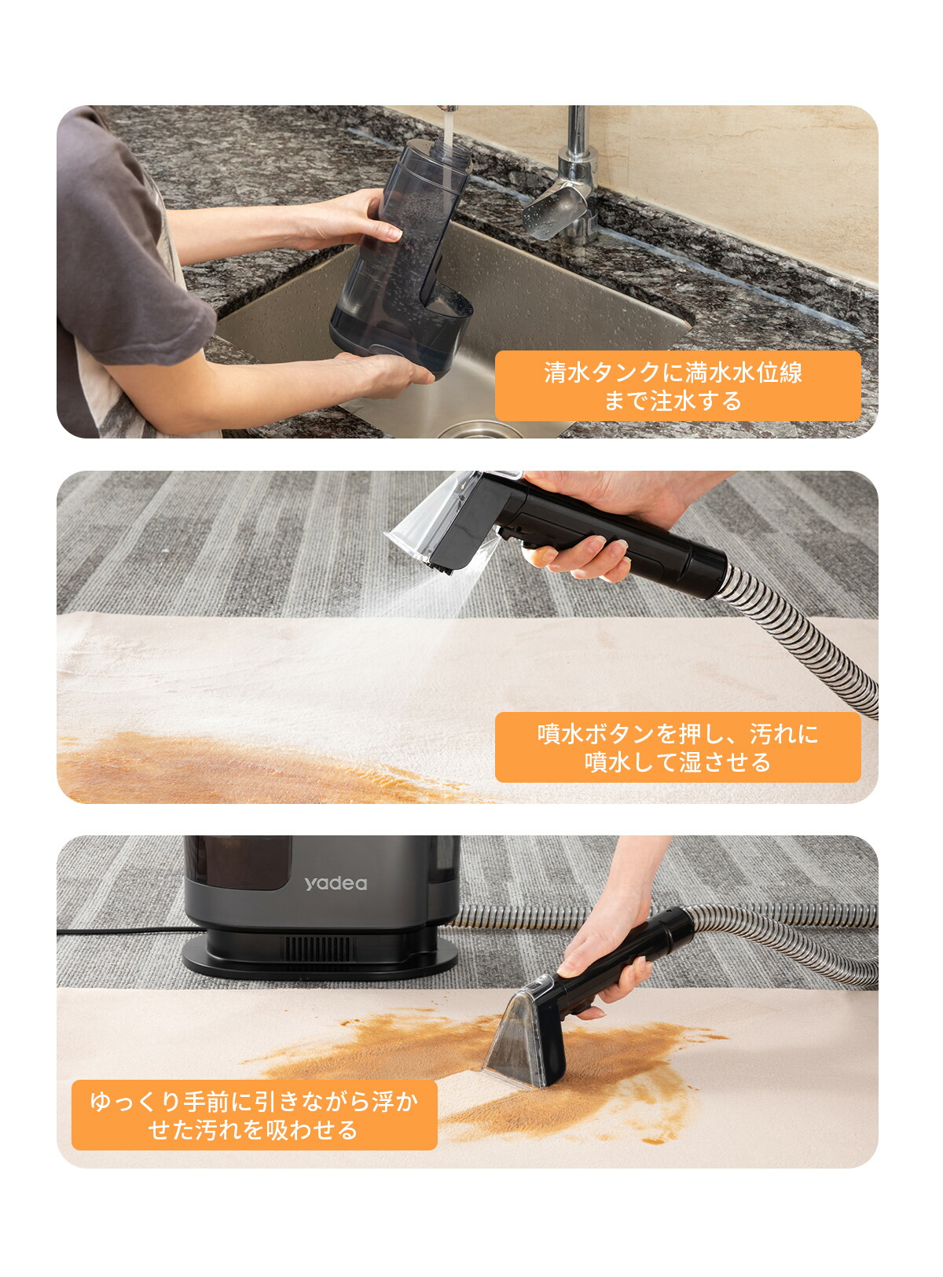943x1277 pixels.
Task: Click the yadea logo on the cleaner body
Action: [x=336, y=883]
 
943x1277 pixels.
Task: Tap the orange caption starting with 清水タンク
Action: [x=677, y=386]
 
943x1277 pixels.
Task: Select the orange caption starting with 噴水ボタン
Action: [x=677, y=747]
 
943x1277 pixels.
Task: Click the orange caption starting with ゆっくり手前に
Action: [x=254, y=1115]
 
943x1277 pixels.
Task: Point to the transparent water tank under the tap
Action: [x=401, y=259]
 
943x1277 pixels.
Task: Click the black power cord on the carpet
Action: [x=118, y=932]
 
